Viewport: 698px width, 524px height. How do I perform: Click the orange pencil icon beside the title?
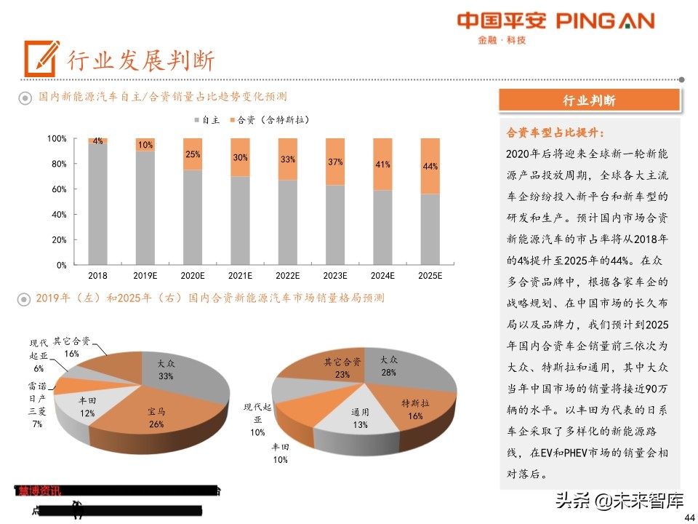point(41,57)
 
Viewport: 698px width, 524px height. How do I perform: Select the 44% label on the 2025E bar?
point(430,167)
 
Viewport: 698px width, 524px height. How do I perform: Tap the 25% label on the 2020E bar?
point(193,154)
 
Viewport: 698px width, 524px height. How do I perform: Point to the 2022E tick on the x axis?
point(287,276)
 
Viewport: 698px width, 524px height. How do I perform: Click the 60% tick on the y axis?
point(57,189)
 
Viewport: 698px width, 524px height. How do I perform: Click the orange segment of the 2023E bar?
point(334,162)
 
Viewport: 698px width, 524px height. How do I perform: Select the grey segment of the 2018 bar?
point(97,204)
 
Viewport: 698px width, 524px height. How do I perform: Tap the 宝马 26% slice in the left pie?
point(156,422)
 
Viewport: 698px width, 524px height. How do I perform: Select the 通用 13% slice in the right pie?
point(360,418)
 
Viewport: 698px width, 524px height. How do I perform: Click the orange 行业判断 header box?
point(589,100)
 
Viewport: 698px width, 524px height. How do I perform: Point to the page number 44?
point(690,516)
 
